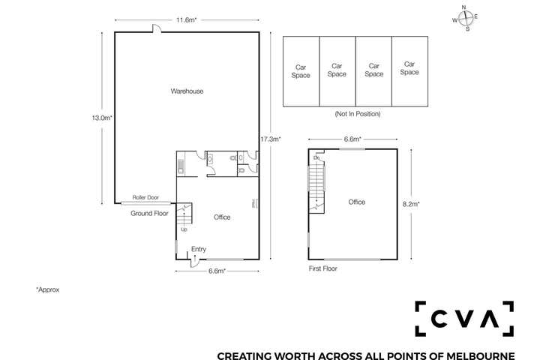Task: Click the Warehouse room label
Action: tap(187, 91)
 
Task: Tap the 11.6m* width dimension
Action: tap(187, 20)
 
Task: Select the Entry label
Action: tap(198, 250)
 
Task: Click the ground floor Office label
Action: tap(222, 217)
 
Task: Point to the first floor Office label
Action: tap(356, 202)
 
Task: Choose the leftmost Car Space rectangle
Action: tap(301, 71)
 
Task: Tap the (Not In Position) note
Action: tap(357, 114)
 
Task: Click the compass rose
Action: tap(465, 18)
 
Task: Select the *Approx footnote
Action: tap(47, 289)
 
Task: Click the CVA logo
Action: tap(464, 319)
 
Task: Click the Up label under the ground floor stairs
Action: tap(184, 229)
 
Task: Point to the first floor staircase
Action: tap(315, 185)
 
